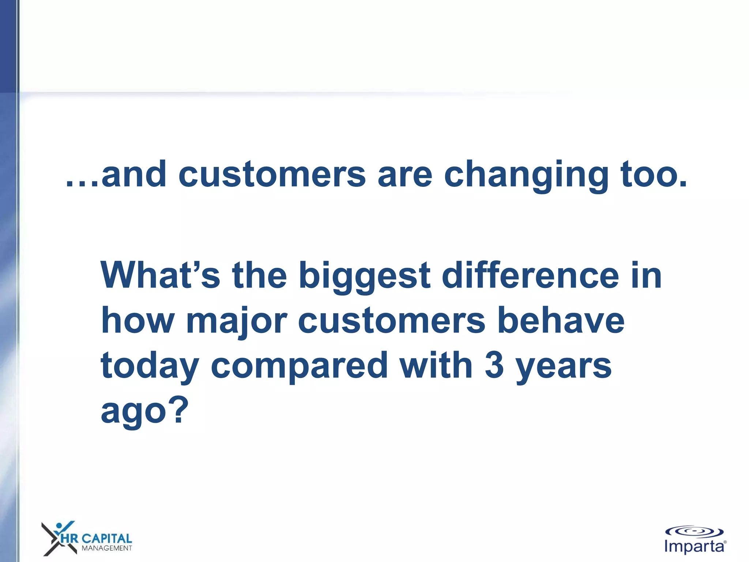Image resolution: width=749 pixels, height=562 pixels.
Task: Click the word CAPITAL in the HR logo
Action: pos(106,539)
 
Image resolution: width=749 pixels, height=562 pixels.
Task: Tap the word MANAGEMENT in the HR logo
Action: pos(107,548)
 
